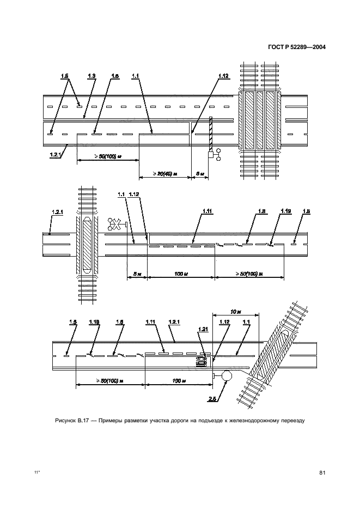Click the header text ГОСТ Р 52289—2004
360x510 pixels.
coord(297,47)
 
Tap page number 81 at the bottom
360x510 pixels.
coord(322,472)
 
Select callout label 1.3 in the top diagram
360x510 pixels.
coord(91,76)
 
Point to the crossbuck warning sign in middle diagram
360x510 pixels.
coord(116,223)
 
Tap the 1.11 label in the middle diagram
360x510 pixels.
coord(208,211)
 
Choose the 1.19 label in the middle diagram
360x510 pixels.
coord(285,211)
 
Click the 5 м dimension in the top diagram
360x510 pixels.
coord(199,174)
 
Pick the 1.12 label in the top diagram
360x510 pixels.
coord(222,76)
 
